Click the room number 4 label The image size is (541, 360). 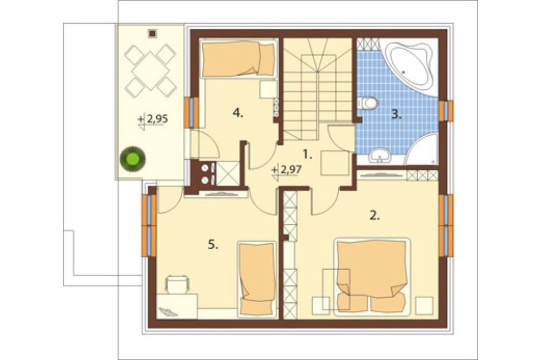coord(237,112)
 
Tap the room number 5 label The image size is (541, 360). coord(213,245)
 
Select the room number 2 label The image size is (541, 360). coord(375,216)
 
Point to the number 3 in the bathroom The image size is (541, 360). coord(397,115)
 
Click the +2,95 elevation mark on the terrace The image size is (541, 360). coord(153,120)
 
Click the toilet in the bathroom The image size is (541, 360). coord(367,103)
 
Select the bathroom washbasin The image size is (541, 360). coord(380,155)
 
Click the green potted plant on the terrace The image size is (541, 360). coord(133,158)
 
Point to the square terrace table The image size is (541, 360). coord(151,71)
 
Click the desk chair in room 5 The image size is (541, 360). coord(177,284)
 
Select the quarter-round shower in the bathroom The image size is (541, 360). coord(421,149)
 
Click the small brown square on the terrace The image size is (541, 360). coord(152,34)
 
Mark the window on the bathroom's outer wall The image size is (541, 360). coord(446,111)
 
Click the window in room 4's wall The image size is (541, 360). coord(191,112)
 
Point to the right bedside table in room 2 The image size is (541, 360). coord(424,305)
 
